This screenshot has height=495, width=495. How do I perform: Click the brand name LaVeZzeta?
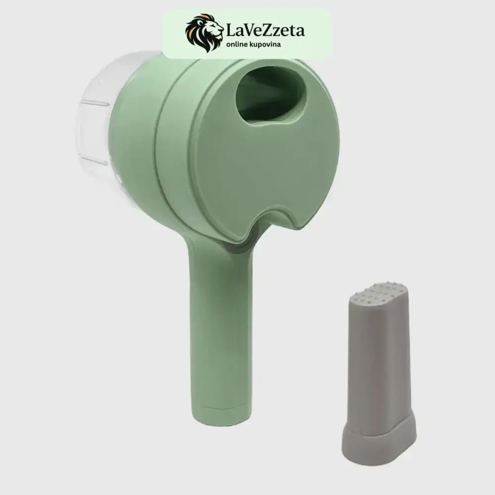(x=265, y=31)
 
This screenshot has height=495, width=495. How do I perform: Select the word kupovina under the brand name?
(x=266, y=45)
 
